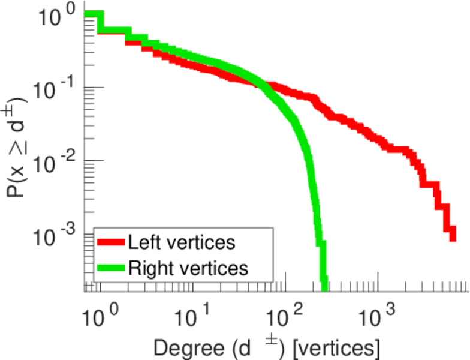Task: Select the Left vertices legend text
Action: click(182, 242)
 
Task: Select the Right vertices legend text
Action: click(188, 268)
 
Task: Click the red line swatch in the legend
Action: click(110, 242)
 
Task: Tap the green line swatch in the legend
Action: click(110, 268)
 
